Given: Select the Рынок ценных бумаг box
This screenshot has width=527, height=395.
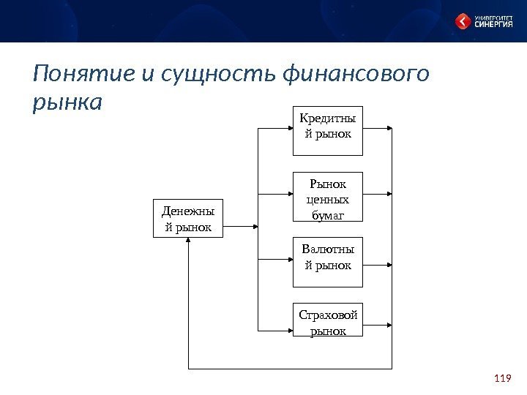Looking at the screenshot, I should [327, 197].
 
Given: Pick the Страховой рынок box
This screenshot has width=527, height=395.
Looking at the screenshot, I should [327, 321].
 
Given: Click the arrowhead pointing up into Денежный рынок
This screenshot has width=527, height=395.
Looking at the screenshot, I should [188, 241].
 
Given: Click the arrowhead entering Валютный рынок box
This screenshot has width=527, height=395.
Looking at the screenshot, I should [289, 259].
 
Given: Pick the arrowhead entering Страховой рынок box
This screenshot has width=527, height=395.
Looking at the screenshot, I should [289, 328].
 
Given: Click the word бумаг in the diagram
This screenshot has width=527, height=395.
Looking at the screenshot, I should [327, 214].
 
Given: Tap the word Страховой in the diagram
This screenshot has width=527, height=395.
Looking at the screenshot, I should [327, 315].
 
